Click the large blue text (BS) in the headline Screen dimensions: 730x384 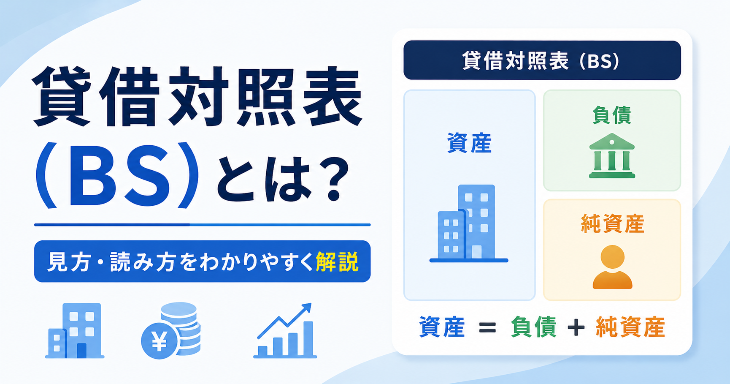tap(117, 175)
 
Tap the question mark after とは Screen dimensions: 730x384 tap(333, 179)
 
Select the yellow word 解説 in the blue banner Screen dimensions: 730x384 tap(337, 261)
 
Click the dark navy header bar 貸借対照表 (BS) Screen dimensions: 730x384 tap(542, 60)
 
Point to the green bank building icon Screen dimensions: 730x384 tap(612, 156)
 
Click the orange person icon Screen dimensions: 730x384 tap(612, 267)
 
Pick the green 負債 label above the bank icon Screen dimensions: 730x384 tap(612, 115)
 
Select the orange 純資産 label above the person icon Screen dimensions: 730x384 tap(612, 224)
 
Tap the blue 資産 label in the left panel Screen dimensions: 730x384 tap(469, 144)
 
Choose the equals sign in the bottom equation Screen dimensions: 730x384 tap(487, 327)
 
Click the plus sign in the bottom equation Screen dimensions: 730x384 tap(576, 327)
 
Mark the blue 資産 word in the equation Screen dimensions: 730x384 tap(442, 327)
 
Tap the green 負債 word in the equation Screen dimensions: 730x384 tap(533, 327)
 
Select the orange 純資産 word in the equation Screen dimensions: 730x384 tap(630, 327)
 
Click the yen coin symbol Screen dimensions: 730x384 tap(160, 341)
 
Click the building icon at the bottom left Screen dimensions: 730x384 tap(75, 331)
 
